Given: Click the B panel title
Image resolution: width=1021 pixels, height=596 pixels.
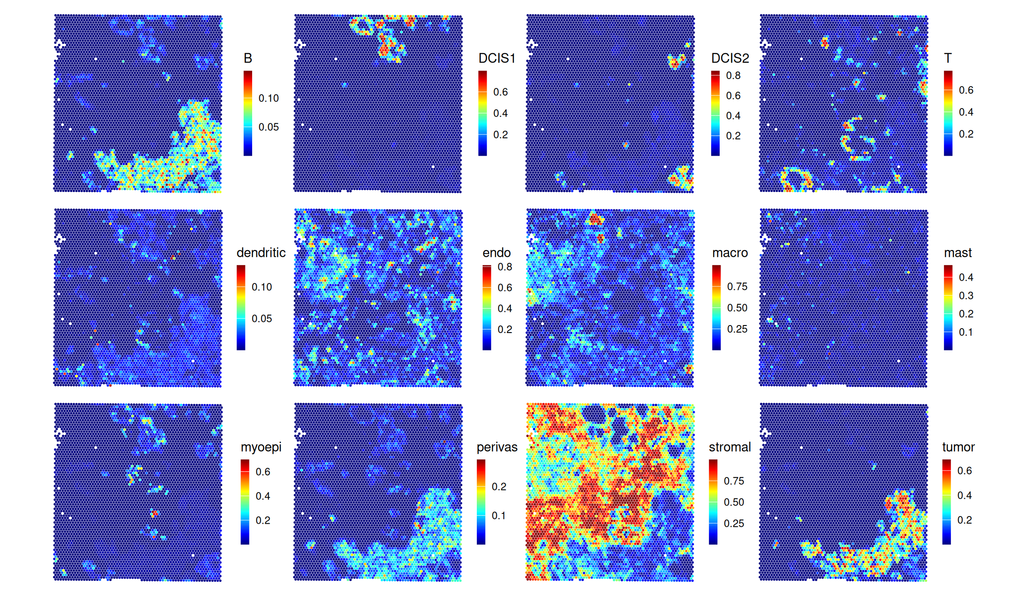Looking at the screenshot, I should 248,58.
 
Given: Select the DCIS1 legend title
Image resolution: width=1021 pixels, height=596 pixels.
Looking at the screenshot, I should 497,58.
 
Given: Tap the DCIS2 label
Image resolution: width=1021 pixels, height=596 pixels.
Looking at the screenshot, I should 730,58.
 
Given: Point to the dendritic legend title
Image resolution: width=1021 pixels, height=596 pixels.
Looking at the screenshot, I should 261,253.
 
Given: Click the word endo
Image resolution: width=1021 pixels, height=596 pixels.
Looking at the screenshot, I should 496,253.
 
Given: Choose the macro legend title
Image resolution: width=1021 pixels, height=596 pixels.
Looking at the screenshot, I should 730,253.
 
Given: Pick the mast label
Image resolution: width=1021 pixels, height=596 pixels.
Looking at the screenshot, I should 958,253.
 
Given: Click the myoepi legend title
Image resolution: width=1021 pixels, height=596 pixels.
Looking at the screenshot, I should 261,447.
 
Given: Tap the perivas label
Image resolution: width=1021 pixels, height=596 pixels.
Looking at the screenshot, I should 497,447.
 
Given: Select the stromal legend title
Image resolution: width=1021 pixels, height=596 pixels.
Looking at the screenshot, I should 729,447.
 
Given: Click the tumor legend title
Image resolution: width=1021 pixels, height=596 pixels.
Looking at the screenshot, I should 958,447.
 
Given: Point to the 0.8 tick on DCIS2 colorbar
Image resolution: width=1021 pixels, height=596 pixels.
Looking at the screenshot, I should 733,75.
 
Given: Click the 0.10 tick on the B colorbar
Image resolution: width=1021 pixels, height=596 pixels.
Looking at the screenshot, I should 269,98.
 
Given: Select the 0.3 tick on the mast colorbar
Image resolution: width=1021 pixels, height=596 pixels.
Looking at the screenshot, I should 966,295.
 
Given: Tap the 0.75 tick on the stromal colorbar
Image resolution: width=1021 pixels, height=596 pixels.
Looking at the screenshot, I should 734,481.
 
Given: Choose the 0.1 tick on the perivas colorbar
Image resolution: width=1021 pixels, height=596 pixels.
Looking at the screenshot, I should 499,515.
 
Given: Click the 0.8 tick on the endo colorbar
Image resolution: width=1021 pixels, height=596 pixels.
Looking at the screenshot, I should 505,267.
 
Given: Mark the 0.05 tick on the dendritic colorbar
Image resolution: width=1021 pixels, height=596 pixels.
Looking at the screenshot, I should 261,318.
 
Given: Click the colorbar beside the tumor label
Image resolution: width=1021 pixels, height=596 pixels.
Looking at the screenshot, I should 947,502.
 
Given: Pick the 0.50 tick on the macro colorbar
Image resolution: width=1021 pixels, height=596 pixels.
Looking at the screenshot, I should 737,308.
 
